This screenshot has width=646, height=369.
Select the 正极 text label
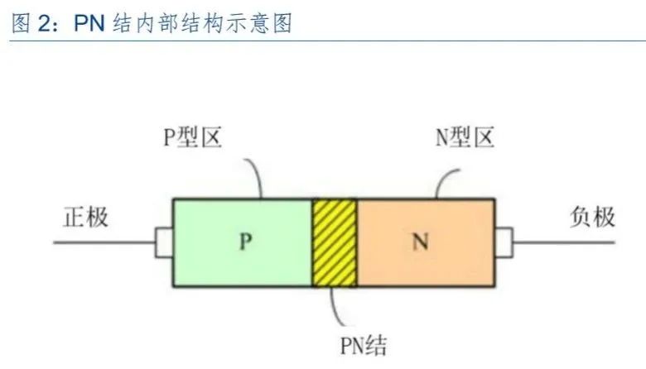click(x=86, y=218)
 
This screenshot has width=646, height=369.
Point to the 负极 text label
click(x=593, y=218)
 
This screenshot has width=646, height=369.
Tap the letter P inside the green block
click(x=244, y=242)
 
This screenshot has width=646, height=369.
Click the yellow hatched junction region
click(x=335, y=242)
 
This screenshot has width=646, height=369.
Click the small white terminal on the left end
click(x=164, y=242)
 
